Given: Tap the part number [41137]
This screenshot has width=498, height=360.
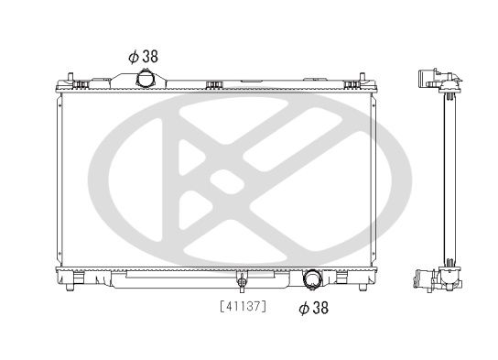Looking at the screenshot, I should [242, 305].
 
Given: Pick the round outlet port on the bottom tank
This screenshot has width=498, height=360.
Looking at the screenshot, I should [313, 279].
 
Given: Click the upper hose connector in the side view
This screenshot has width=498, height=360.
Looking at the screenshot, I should [434, 80].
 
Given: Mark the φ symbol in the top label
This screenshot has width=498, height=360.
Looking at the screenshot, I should [133, 56].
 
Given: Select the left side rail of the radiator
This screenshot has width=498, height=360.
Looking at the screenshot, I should [61, 179].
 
